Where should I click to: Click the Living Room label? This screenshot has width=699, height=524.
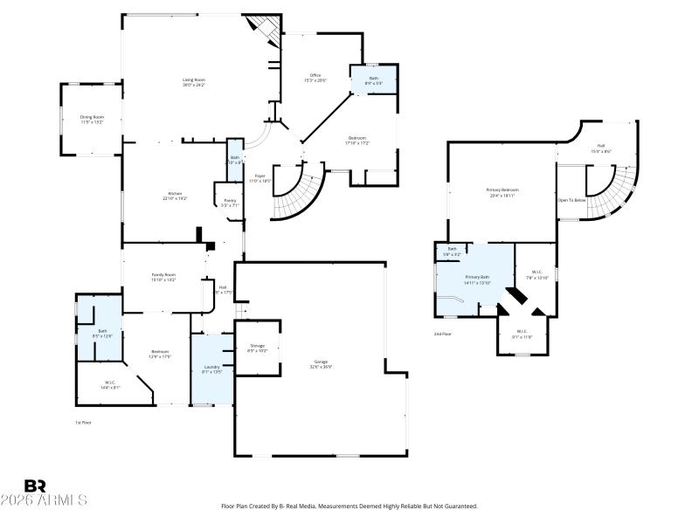click(193, 80)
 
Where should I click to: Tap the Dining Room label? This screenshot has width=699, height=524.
click(92, 117)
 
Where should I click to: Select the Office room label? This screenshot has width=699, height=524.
click(315, 75)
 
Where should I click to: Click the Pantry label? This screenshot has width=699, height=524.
click(230, 200)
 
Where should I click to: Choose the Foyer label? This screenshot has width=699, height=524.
click(260, 176)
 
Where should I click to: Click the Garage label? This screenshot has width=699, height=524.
click(322, 362)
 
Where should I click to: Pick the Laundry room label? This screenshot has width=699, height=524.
click(211, 367)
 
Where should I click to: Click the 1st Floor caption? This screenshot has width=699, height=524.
click(83, 422)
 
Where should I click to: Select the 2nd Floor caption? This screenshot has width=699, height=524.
click(443, 334)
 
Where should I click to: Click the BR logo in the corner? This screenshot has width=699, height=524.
click(35, 486)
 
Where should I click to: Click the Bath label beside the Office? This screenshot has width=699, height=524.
click(374, 79)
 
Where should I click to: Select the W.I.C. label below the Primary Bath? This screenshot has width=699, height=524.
click(522, 331)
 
